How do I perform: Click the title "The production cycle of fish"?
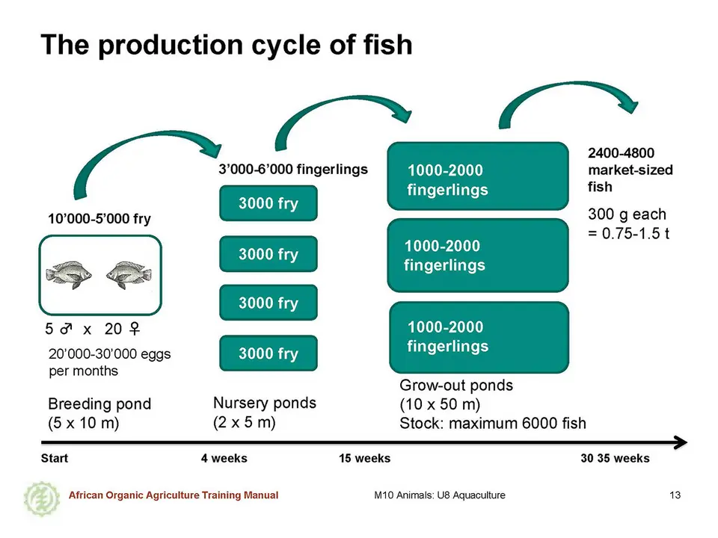(x=227, y=45)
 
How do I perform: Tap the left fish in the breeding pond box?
(x=69, y=275)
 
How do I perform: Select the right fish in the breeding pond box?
(x=129, y=275)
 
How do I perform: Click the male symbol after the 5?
(x=66, y=329)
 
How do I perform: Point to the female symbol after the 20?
(x=134, y=329)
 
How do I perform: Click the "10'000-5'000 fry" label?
(x=99, y=219)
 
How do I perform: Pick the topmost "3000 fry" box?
(x=269, y=203)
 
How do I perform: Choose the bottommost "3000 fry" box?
(x=269, y=353)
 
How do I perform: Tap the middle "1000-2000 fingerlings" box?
(x=478, y=256)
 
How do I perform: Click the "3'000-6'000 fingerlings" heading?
(x=293, y=170)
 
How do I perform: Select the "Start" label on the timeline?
(x=55, y=458)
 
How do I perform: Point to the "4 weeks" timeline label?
(x=224, y=458)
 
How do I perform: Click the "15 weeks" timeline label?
(x=364, y=458)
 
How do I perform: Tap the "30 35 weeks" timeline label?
(x=615, y=458)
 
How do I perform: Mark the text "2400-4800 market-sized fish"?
(x=630, y=170)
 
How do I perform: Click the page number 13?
(x=675, y=495)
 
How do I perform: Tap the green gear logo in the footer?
(x=42, y=498)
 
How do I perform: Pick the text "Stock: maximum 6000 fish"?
(x=493, y=423)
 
